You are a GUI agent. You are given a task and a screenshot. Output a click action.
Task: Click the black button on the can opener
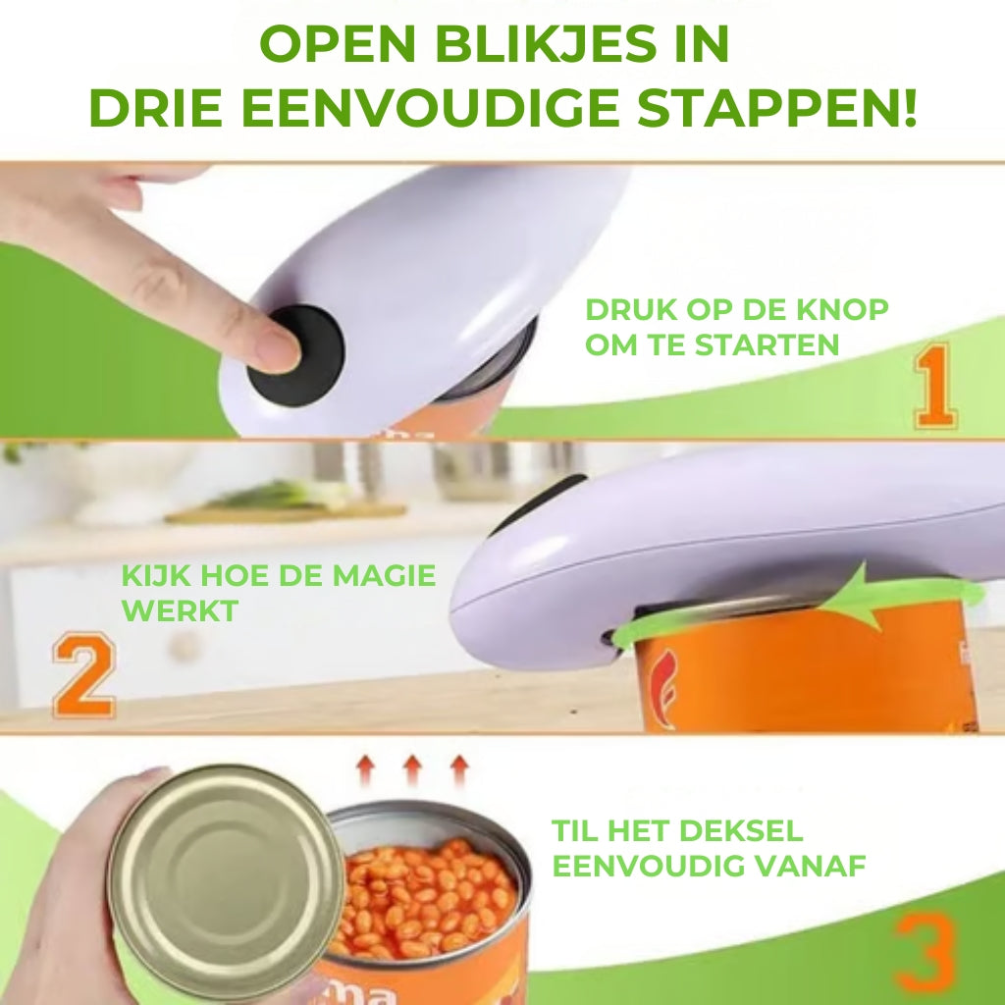click(x=295, y=355)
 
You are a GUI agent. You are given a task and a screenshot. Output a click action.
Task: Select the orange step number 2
click(x=83, y=677)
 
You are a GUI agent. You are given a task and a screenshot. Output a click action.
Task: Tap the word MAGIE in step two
click(x=384, y=576)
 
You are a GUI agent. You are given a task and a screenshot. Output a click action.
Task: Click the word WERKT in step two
click(x=180, y=610)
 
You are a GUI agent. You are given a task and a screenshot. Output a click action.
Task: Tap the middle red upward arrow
click(x=412, y=768)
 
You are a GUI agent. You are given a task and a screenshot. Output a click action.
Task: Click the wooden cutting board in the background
click(x=285, y=511)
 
